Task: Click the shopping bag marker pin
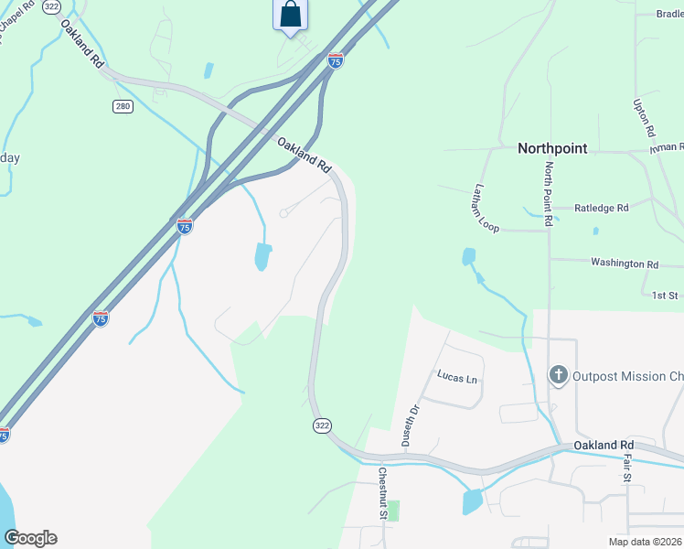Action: (290, 15)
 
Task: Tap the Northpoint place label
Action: (552, 148)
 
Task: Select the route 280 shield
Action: (123, 107)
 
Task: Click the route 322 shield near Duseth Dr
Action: (322, 426)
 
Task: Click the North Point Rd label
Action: (549, 193)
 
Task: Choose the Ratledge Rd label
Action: (601, 208)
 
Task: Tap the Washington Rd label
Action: (625, 264)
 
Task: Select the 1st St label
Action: (664, 296)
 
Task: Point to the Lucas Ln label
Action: (457, 377)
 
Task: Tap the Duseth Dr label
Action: (409, 425)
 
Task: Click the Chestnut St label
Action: (382, 495)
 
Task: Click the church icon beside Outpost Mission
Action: (558, 375)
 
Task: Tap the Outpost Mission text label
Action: (627, 375)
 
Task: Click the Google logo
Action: (30, 538)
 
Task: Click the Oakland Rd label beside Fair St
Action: (604, 446)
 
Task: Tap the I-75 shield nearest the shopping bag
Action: (336, 60)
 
